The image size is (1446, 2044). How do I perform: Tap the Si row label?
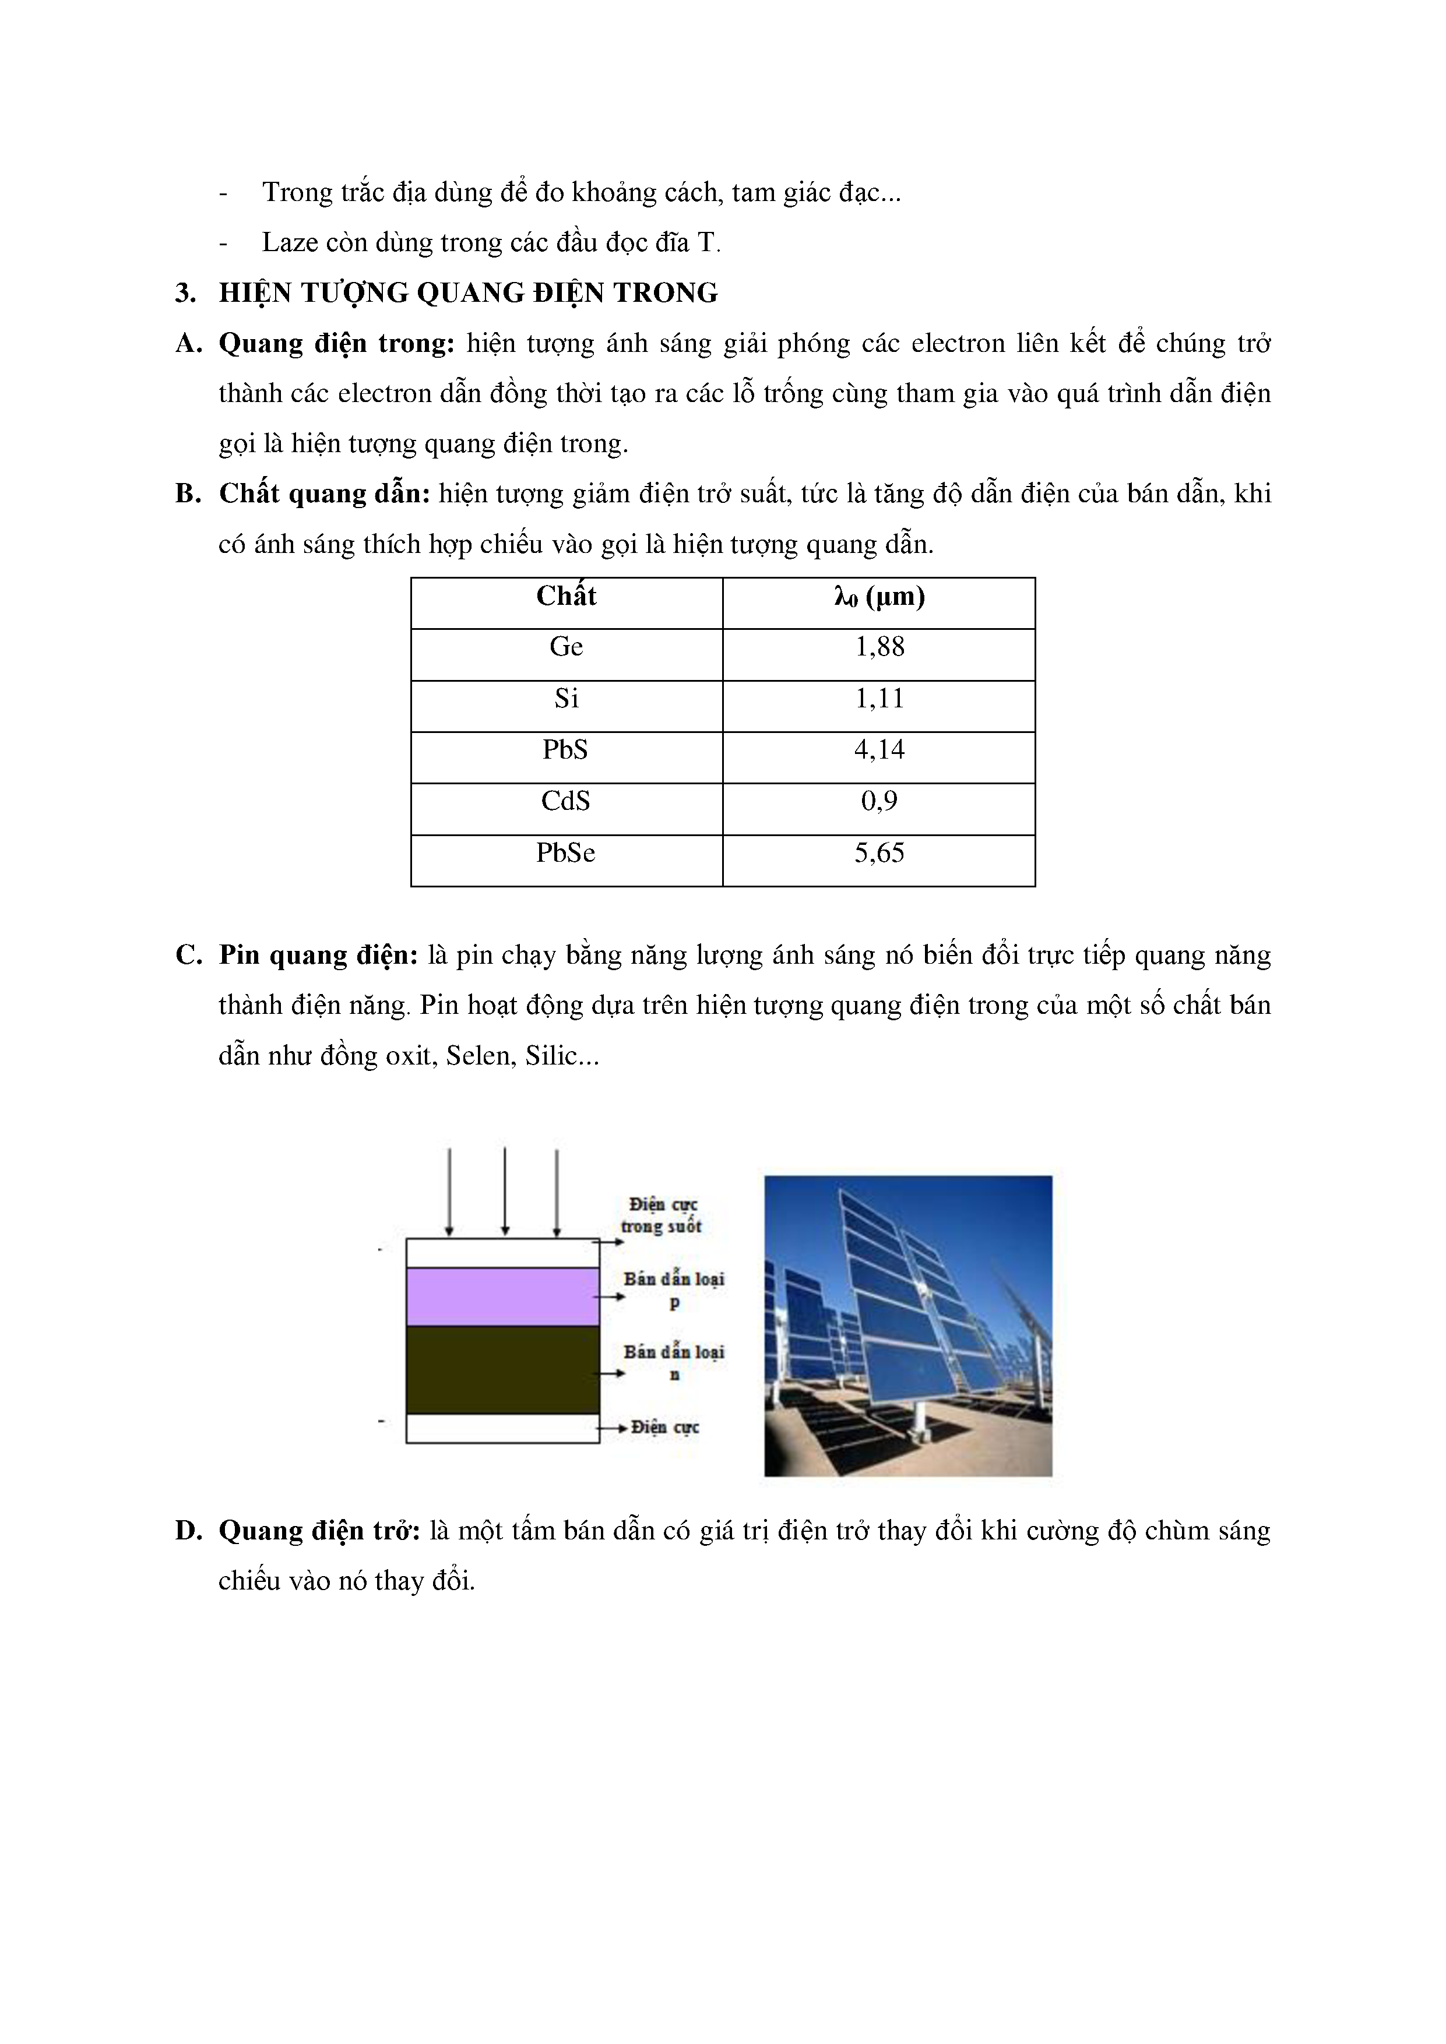point(567,698)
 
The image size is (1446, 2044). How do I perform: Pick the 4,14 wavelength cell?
point(879,749)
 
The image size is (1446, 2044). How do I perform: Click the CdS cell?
point(567,801)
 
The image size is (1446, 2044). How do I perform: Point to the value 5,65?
point(879,853)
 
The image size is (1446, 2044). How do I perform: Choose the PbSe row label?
point(567,853)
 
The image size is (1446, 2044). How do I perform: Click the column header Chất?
point(567,597)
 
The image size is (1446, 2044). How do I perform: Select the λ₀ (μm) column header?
point(879,597)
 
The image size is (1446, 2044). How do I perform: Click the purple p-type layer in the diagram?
point(502,1296)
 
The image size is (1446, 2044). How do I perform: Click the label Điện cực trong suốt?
point(662,1215)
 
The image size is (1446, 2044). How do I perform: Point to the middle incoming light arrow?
point(505,1191)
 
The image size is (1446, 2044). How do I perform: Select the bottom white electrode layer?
point(502,1428)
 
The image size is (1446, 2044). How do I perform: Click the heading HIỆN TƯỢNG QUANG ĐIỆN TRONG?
point(469,293)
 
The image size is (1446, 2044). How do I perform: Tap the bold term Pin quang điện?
point(318,955)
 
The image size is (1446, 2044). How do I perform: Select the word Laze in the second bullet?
point(290,242)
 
